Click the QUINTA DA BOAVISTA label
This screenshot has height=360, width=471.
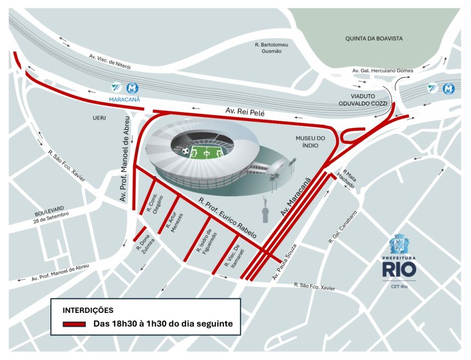tap(374, 38)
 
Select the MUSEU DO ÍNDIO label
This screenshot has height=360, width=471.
tap(310, 141)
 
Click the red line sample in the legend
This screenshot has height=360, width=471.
tap(74, 324)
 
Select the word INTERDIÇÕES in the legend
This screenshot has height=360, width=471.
tap(88, 310)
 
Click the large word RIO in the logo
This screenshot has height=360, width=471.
tap(399, 270)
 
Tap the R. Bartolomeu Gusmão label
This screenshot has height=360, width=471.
tap(272, 48)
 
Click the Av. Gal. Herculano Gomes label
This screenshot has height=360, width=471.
tap(383, 71)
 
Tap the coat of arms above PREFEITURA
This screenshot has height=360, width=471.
tap(399, 243)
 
